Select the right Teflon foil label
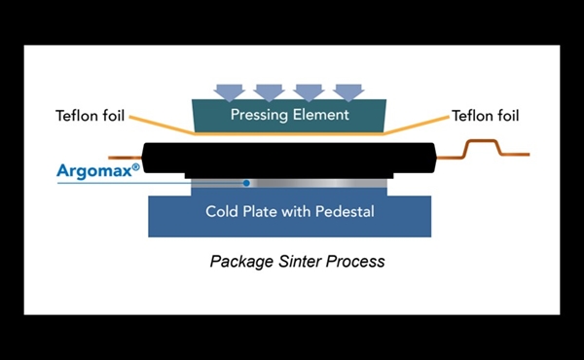[x=485, y=117]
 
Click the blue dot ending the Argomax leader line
[x=248, y=182]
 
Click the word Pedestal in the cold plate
[x=340, y=211]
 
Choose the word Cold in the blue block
[x=223, y=211]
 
